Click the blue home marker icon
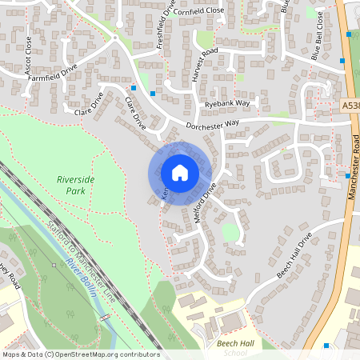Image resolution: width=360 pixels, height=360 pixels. (180, 172)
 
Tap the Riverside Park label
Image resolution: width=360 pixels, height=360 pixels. (76, 186)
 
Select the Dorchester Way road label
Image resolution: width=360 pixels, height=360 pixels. (213, 125)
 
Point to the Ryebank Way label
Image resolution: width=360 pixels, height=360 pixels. (226, 104)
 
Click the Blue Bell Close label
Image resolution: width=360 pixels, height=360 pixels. (318, 48)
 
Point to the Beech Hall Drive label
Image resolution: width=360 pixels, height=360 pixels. (294, 258)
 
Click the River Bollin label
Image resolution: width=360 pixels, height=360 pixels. (82, 278)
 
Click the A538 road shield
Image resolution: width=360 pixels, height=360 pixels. (350, 105)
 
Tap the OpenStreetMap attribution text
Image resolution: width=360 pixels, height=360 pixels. (80, 354)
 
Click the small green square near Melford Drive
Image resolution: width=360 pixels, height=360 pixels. (230, 233)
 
